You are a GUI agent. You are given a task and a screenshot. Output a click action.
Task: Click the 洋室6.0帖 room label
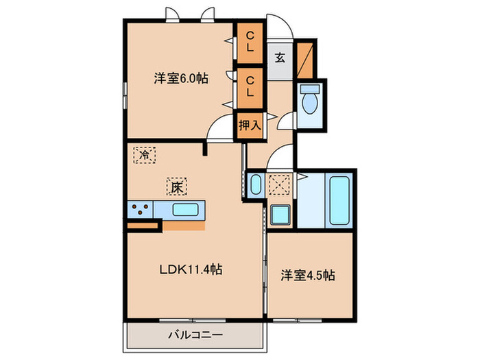(181, 79)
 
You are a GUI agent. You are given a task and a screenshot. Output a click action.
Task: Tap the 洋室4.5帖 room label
(308, 276)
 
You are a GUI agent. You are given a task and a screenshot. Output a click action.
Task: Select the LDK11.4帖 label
(191, 269)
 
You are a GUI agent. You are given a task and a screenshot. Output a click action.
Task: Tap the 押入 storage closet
(250, 125)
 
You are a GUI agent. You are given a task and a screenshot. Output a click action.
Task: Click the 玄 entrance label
(280, 58)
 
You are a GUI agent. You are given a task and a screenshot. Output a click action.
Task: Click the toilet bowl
(310, 102)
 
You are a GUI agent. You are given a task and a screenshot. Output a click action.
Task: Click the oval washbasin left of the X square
(255, 186)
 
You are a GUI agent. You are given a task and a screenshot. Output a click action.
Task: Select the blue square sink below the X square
(280, 216)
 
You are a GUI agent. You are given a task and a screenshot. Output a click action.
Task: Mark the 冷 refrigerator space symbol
(144, 155)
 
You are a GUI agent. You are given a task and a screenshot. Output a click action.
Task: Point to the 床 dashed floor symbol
(176, 186)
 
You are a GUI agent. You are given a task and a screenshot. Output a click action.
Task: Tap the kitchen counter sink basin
(184, 210)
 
